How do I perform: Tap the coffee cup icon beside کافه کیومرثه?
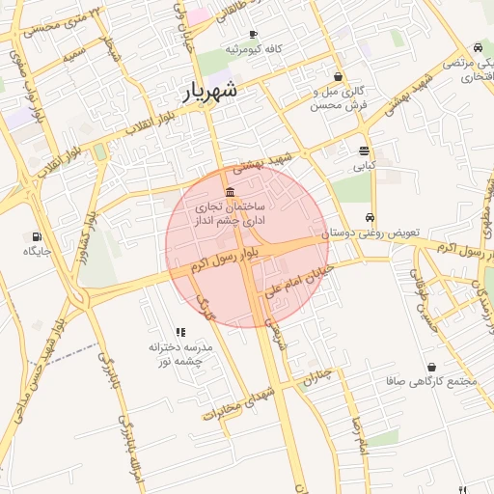click(253, 34)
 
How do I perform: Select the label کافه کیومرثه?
click(254, 49)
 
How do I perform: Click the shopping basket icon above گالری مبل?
click(338, 76)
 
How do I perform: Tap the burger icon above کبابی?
click(364, 151)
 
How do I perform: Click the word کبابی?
click(364, 166)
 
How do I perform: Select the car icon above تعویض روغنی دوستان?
click(370, 217)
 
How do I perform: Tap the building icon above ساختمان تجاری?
click(230, 192)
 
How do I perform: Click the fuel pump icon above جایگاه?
click(37, 235)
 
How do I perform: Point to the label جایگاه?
click(37, 251)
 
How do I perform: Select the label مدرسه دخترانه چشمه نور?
click(180, 353)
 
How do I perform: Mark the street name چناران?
click(317, 376)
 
